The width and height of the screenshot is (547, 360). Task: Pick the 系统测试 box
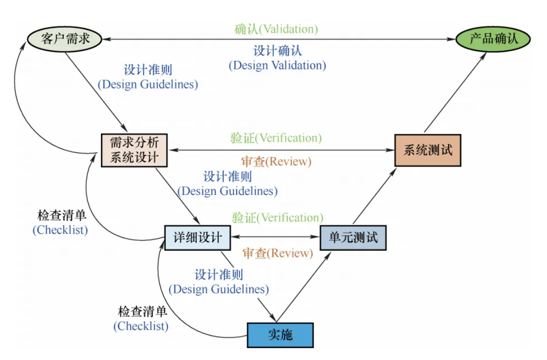pos(428,150)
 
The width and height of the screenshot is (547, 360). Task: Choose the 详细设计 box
pos(197,237)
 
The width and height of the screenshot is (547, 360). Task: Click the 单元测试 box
pos(353,237)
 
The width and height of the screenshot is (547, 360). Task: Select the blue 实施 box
pos(280,335)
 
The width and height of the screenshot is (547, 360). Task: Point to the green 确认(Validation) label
pos(276,29)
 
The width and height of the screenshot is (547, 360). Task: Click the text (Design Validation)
pos(277,65)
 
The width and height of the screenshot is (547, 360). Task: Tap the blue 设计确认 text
pos(277,51)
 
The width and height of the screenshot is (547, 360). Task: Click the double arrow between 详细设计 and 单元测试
pos(275,237)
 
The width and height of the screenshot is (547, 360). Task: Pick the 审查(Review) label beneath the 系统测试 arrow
pos(276,162)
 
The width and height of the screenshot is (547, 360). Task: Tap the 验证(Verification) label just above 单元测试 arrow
pos(277,218)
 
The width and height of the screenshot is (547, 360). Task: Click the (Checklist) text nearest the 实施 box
pos(141,326)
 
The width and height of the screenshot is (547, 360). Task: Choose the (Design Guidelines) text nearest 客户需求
pos(148,85)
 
